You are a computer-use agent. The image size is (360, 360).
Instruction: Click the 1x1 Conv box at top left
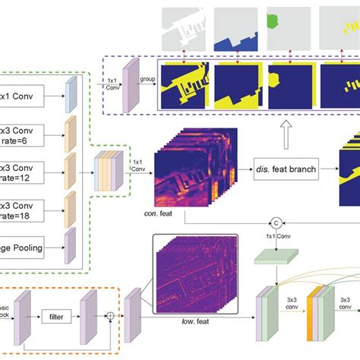[22, 96]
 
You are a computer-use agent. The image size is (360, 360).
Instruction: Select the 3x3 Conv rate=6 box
[21, 133]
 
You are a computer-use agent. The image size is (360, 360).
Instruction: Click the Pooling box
[21, 246]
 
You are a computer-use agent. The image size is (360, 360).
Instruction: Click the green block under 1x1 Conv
[275, 259]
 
